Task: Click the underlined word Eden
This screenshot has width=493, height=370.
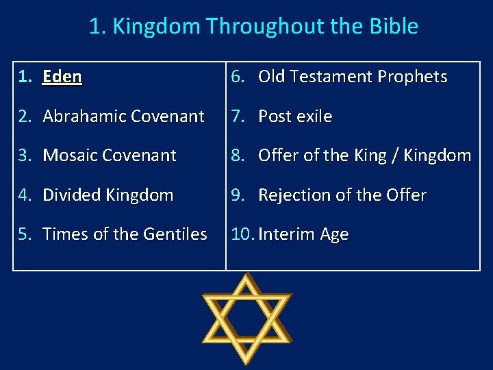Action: (62, 77)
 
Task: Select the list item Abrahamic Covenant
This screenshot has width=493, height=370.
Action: (123, 116)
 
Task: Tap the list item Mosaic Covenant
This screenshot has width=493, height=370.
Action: (110, 156)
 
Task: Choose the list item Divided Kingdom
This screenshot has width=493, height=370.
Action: (108, 195)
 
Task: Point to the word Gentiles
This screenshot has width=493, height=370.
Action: (175, 234)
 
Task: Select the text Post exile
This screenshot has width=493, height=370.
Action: (295, 116)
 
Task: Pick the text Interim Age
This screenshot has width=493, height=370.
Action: (303, 234)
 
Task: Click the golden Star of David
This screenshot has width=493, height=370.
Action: (246, 319)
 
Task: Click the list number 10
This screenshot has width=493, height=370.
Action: (242, 234)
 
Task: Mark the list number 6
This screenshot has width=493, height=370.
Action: (237, 77)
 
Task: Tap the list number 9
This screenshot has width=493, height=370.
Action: (237, 195)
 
